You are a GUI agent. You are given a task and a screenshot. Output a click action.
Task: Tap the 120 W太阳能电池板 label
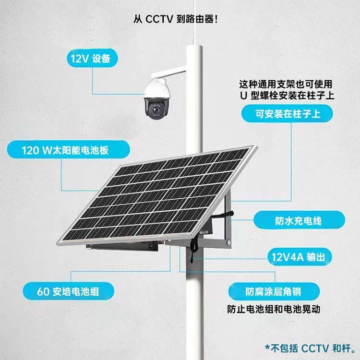coord(65,150)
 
